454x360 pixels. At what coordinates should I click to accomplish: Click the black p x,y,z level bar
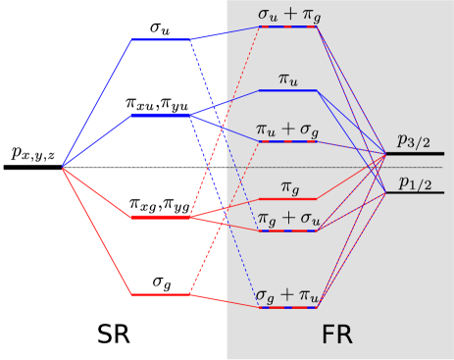tap(33, 167)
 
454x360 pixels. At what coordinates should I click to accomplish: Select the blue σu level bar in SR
tap(161, 39)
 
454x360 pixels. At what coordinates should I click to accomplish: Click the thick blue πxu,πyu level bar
tap(161, 116)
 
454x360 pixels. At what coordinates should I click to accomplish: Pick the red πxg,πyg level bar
tap(161, 217)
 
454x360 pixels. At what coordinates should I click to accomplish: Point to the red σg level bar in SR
tap(161, 294)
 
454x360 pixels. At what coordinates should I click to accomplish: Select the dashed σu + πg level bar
tap(288, 26)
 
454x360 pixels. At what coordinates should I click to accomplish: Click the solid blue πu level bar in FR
tap(288, 90)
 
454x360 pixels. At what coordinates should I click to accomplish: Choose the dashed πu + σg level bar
tap(288, 141)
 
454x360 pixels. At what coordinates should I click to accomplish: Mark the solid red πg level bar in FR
tap(288, 199)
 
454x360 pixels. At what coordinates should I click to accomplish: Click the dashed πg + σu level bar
tap(288, 231)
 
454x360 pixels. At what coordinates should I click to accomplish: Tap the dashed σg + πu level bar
tap(288, 307)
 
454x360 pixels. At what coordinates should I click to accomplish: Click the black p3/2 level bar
tap(416, 154)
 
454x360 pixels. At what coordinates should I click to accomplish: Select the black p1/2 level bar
tap(416, 192)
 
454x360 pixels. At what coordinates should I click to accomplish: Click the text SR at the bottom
tap(114, 335)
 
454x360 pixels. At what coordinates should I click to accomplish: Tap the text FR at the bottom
tap(337, 335)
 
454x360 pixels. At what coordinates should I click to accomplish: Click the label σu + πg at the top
tap(288, 13)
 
